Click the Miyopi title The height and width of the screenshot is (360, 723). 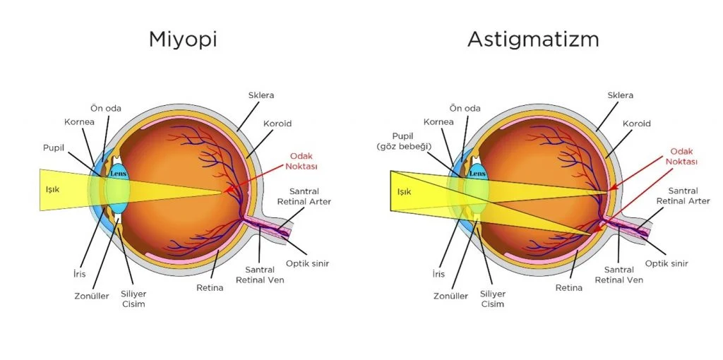[x=182, y=39]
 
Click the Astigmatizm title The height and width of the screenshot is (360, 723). [x=533, y=39]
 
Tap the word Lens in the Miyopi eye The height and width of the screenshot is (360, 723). [x=118, y=173]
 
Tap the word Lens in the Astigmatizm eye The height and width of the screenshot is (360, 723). [x=477, y=173]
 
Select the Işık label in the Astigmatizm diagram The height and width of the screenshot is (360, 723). [x=404, y=191]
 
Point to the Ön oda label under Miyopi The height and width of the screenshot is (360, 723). [x=106, y=108]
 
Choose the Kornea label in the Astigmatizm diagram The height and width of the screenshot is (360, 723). [x=438, y=121]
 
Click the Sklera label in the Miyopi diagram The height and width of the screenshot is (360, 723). [x=261, y=95]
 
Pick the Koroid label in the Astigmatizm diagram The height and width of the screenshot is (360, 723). [x=636, y=124]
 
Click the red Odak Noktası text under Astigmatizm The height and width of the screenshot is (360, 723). [x=682, y=156]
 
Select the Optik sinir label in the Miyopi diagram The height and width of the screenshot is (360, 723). [x=307, y=263]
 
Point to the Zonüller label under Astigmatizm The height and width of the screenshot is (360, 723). [x=450, y=296]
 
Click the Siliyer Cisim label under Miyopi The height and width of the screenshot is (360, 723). [x=133, y=299]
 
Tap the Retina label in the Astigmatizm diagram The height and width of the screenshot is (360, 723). [x=568, y=287]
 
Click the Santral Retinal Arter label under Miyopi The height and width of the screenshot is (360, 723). [x=309, y=196]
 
